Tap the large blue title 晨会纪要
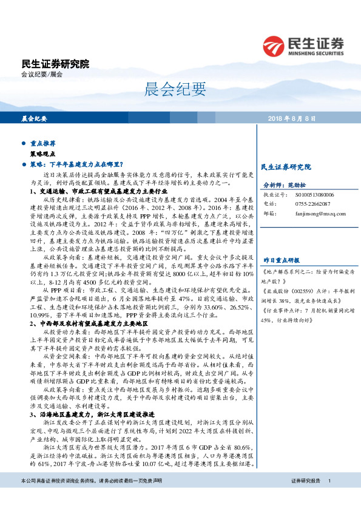[x=180, y=91]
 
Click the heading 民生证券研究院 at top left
[x=55, y=64]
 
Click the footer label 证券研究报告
[x=306, y=497]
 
